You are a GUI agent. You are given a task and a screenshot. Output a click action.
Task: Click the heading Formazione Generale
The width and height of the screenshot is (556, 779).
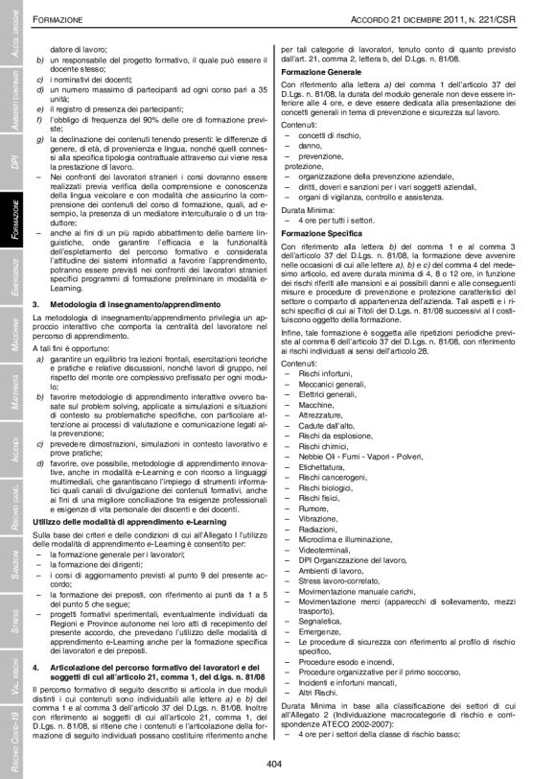point(322,72)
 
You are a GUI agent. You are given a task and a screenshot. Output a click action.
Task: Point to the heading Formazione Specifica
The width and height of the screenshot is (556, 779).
point(323,233)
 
